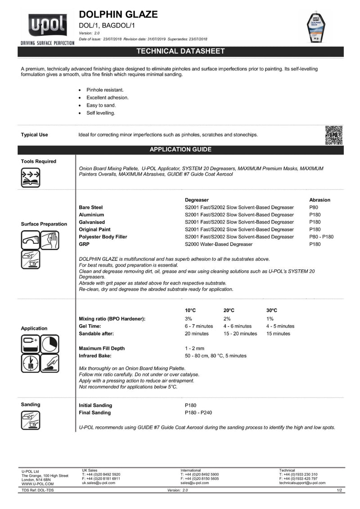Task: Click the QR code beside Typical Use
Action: pyautogui.click(x=333, y=135)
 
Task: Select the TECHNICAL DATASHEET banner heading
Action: pyautogui.click(x=180, y=51)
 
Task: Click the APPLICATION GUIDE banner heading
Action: pyautogui.click(x=180, y=149)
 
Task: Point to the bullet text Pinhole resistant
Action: pyautogui.click(x=105, y=90)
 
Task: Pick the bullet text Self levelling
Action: pyautogui.click(x=101, y=113)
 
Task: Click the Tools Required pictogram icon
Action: pyautogui.click(x=31, y=177)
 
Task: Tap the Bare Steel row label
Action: pyautogui.click(x=91, y=207)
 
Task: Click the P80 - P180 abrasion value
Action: pyautogui.click(x=322, y=237)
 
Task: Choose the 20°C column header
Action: pyautogui.click(x=229, y=311)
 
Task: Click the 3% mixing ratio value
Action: pyautogui.click(x=189, y=319)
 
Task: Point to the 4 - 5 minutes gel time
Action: pyautogui.click(x=280, y=326)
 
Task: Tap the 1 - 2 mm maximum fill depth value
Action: pyautogui.click(x=194, y=348)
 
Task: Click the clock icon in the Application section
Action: pyautogui.click(x=50, y=344)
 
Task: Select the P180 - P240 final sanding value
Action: pyautogui.click(x=198, y=412)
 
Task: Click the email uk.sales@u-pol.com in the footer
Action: pyautogui.click(x=99, y=482)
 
